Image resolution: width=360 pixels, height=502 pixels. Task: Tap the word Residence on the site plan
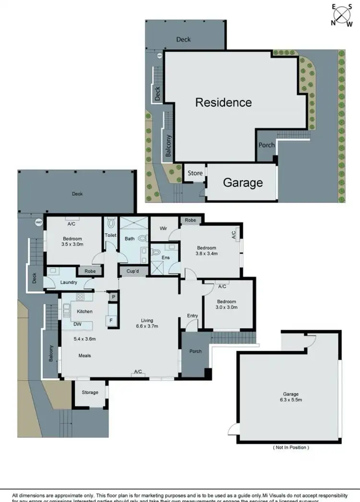(x=223, y=102)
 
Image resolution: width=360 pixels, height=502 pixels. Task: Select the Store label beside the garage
(x=195, y=173)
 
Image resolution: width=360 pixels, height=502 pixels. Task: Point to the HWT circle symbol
(x=38, y=222)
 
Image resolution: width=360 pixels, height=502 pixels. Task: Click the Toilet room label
(x=111, y=235)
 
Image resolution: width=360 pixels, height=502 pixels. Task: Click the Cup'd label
(x=133, y=271)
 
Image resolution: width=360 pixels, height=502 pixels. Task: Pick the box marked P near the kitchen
(x=113, y=297)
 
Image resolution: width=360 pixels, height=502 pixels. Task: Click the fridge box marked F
(x=111, y=319)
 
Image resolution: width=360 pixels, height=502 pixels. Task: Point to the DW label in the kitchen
(x=77, y=324)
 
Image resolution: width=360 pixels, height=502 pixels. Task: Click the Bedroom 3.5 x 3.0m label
(x=72, y=242)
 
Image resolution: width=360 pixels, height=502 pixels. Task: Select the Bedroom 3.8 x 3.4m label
(x=206, y=251)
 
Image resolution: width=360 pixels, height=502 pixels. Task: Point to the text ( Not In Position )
(x=291, y=447)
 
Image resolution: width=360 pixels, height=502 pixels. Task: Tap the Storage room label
(x=90, y=392)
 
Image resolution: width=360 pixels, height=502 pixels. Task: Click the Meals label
(x=84, y=356)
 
